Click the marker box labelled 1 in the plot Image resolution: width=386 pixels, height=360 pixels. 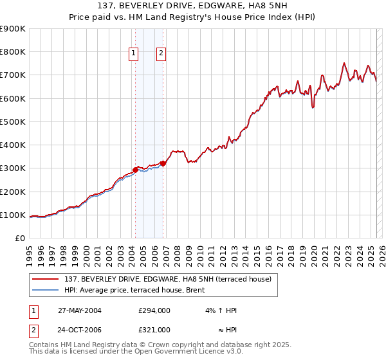click(134, 54)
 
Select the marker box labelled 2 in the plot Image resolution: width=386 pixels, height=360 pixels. click(161, 54)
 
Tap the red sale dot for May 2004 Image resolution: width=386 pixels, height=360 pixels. click(135, 170)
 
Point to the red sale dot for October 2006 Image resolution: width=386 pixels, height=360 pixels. click(163, 163)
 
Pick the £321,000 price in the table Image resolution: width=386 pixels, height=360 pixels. click(154, 330)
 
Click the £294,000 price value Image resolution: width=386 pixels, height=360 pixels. click(154, 310)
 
